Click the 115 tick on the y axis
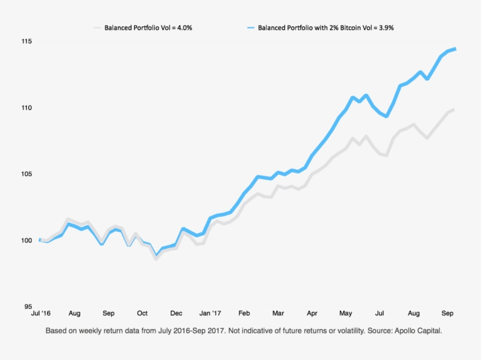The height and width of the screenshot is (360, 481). tap(28, 42)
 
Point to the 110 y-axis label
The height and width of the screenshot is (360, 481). tap(28, 108)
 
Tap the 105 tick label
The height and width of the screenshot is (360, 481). tap(28, 174)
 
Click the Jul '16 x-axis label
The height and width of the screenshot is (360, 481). tap(40, 314)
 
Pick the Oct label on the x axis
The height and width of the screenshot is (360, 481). tap(143, 314)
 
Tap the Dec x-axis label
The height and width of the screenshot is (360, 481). tap(176, 314)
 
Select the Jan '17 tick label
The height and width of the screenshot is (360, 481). tap(210, 314)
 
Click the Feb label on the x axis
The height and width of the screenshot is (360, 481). tap(244, 314)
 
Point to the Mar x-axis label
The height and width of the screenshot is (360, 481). tap(278, 314)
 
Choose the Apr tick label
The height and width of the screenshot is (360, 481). tap(312, 314)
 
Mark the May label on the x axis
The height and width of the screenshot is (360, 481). tap(346, 314)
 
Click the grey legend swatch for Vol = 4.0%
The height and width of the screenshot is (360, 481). tap(97, 28)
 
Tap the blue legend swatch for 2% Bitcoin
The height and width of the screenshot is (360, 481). tap(251, 28)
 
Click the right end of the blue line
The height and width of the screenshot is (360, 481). tap(456, 49)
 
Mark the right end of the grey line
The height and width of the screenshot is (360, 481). tap(455, 110)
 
